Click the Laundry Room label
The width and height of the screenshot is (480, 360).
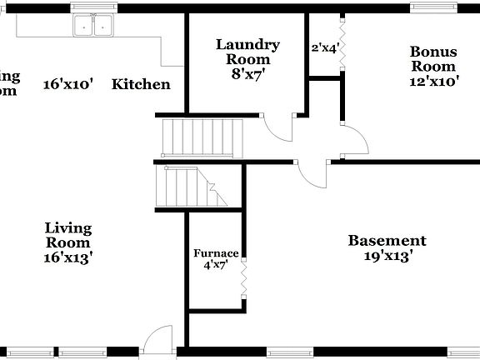click(x=247, y=52)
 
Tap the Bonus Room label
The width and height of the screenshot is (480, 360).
click(x=432, y=58)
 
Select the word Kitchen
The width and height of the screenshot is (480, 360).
click(x=141, y=83)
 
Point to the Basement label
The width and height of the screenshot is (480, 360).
click(x=387, y=241)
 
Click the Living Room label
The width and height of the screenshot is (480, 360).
click(x=68, y=234)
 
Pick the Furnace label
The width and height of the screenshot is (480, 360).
click(x=216, y=253)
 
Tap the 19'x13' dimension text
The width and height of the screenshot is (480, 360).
click(x=387, y=257)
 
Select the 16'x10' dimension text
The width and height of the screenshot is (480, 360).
click(x=68, y=83)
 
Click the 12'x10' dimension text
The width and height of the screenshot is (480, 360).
click(x=432, y=82)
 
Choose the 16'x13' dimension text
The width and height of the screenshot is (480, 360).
click(x=68, y=257)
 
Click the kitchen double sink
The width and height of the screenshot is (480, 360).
click(x=92, y=26)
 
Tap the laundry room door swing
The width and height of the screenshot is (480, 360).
click(x=278, y=127)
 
